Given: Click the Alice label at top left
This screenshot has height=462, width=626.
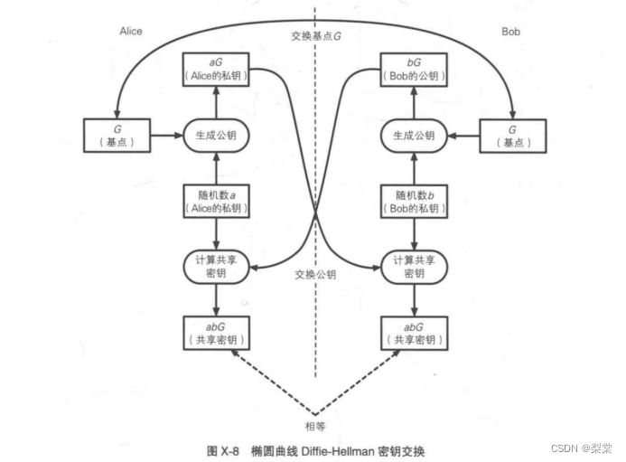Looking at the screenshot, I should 131,32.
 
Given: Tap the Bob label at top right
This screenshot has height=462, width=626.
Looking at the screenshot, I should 511,32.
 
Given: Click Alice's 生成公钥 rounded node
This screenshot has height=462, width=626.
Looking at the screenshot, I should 216,136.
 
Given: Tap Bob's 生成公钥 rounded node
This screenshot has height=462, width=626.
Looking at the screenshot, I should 414,136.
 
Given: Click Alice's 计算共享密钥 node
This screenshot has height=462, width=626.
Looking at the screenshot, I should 216,266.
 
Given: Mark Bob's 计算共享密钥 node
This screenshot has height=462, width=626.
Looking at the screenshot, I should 414,266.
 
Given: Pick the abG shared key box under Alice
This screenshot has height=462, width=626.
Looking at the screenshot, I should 216,334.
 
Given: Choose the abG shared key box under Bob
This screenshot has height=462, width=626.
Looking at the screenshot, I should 414,334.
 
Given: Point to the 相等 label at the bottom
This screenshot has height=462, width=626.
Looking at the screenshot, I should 314,422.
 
